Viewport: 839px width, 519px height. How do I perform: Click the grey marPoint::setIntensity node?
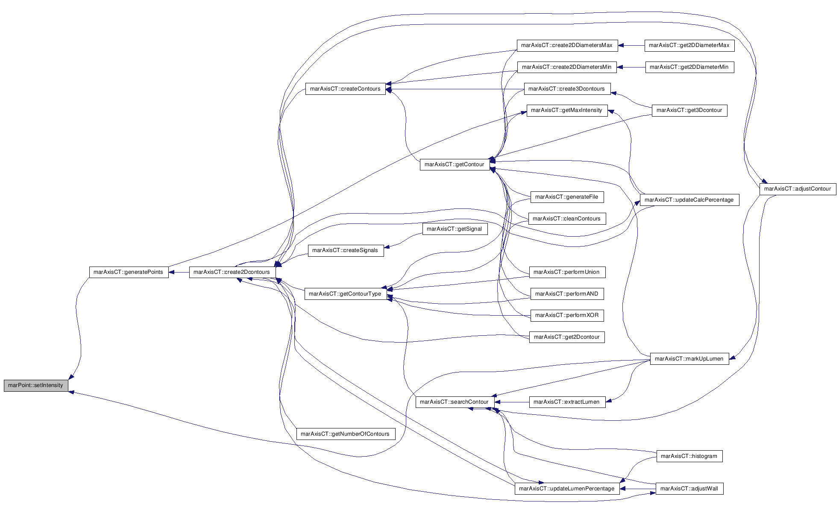(x=36, y=385)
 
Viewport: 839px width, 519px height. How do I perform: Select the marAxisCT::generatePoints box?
(x=129, y=272)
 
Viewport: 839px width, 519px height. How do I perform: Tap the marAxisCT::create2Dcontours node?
(x=232, y=272)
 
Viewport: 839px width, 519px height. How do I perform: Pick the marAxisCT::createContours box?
(x=345, y=89)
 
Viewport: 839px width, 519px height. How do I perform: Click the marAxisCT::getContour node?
(x=455, y=164)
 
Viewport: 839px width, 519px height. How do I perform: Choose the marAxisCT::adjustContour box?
(x=798, y=189)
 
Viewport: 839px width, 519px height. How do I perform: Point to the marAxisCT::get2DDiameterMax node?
(x=689, y=45)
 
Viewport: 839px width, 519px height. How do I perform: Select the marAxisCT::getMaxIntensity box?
(x=566, y=110)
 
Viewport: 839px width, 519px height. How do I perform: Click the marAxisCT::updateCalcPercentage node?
(x=689, y=200)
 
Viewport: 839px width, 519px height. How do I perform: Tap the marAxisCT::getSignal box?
(x=454, y=229)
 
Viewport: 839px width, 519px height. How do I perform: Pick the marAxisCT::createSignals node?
(x=345, y=250)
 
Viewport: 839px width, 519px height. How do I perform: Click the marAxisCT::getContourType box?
(x=345, y=294)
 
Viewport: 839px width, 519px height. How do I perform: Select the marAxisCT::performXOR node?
(x=567, y=315)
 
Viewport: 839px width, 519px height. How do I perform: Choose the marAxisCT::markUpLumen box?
(x=689, y=359)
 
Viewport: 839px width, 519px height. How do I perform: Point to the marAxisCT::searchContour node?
(x=454, y=402)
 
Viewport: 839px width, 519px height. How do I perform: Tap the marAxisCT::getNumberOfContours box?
(x=345, y=434)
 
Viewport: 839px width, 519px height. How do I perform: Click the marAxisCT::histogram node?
(x=689, y=456)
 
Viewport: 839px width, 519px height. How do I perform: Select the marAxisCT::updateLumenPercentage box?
(x=566, y=489)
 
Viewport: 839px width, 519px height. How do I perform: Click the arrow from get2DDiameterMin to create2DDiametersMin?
(x=631, y=67)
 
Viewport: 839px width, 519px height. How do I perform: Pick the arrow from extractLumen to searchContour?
(x=511, y=402)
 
